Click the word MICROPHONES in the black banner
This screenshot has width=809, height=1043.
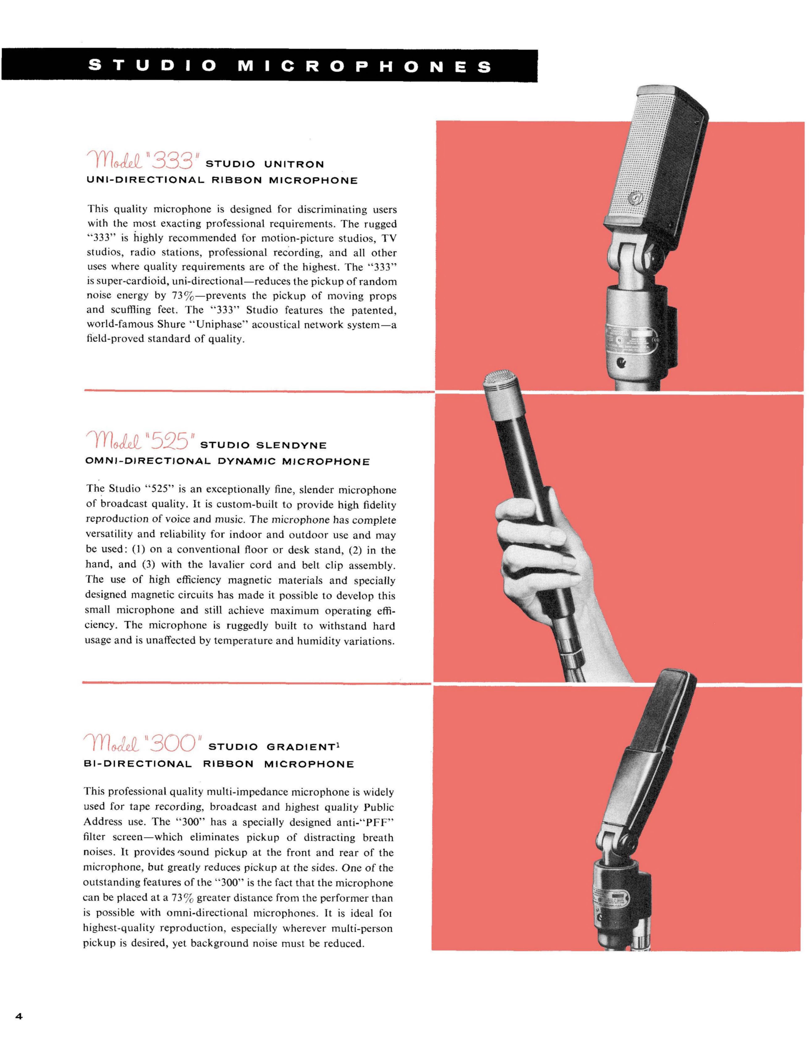pyautogui.click(x=364, y=66)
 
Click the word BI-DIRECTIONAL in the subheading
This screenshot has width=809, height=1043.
pyautogui.click(x=138, y=764)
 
